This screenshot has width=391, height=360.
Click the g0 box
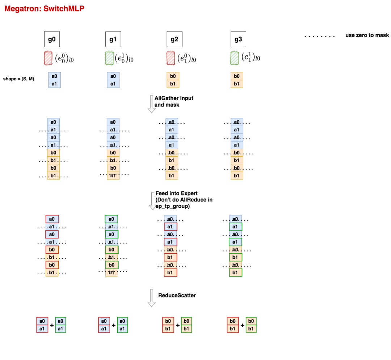tap(52, 39)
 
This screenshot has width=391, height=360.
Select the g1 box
tap(113, 39)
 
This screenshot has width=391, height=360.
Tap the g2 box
tap(175, 39)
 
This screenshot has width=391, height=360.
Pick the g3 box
tap(238, 39)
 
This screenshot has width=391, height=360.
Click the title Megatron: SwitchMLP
tap(44, 8)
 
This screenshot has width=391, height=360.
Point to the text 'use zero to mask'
tap(367, 35)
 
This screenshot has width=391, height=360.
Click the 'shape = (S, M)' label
tap(18, 79)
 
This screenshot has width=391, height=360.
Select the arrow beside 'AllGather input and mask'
tap(151, 104)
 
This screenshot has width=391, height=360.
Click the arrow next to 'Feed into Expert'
tap(152, 201)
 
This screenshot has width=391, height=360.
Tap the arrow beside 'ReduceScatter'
tap(152, 298)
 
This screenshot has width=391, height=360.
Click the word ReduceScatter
tap(177, 295)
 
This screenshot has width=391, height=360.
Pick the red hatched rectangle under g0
tap(48, 58)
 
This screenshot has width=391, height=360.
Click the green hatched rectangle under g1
tap(109, 58)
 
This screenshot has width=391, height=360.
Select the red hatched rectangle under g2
tap(171, 58)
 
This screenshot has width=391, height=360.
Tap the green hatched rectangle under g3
tap(234, 58)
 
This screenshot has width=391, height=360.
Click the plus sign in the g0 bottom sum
tap(52, 325)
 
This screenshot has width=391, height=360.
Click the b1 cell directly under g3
tap(237, 84)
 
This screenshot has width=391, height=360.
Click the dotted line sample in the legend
tap(320, 37)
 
